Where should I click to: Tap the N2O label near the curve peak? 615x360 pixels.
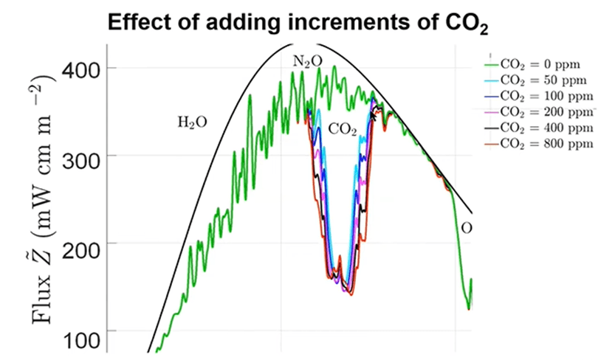tap(307, 61)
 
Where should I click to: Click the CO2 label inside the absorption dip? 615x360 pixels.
tap(343, 130)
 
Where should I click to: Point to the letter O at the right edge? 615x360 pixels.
tap(467, 228)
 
